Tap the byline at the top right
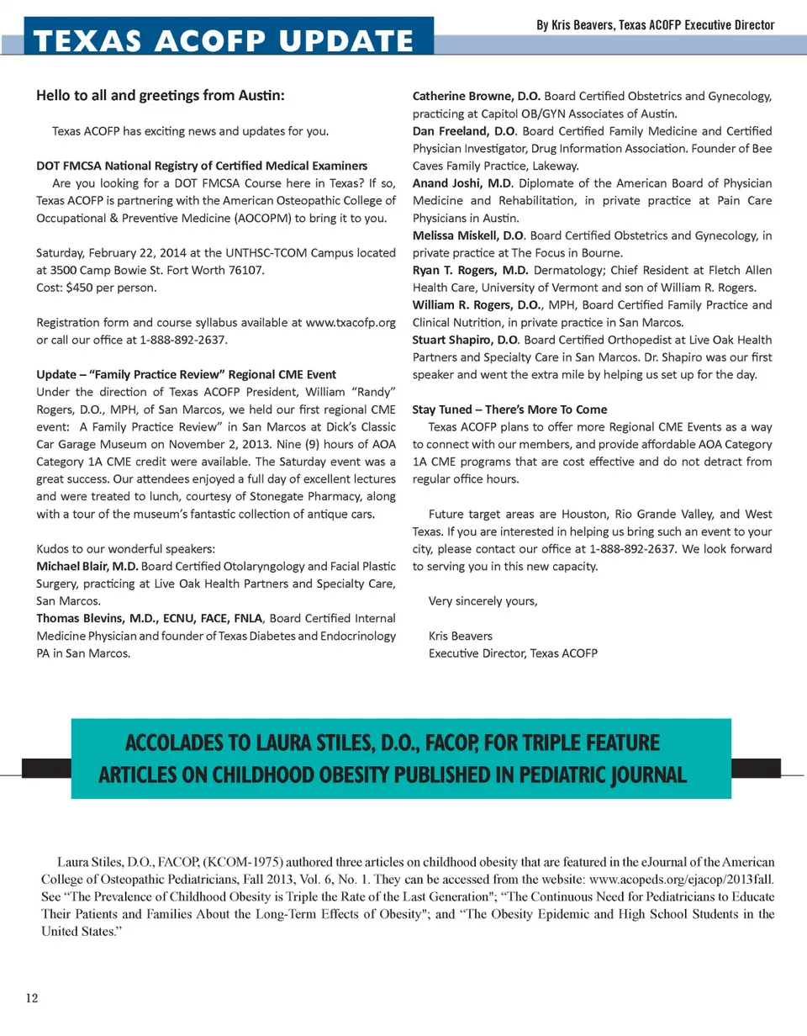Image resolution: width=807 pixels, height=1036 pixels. (655, 25)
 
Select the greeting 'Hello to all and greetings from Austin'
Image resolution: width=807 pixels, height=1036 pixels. (161, 96)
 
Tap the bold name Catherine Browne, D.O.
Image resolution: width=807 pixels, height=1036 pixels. (476, 96)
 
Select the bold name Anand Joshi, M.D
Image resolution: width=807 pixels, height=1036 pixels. (461, 183)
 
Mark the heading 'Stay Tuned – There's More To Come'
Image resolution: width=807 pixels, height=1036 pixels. (509, 410)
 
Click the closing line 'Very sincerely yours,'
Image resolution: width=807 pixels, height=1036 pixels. (483, 600)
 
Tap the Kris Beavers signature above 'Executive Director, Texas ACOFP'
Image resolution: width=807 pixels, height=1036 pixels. (460, 636)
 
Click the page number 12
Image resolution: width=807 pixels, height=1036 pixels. (32, 998)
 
